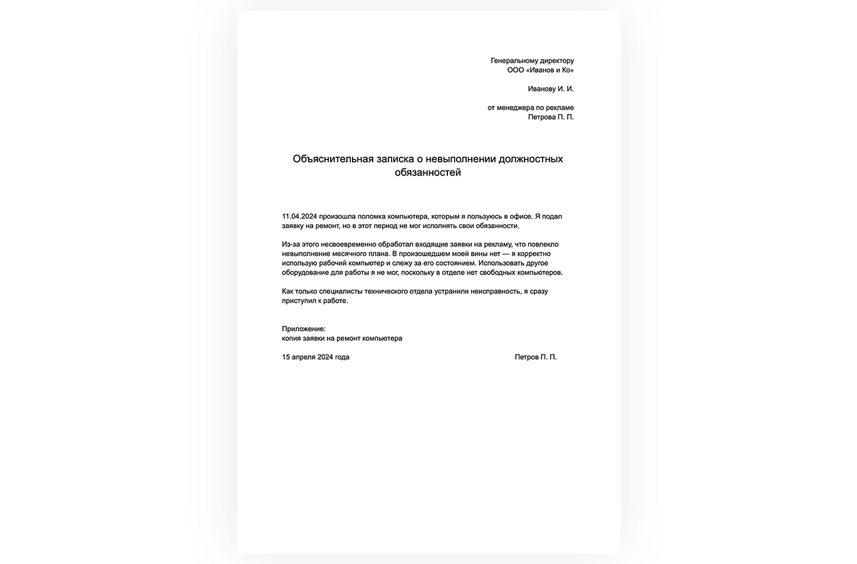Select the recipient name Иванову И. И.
551,89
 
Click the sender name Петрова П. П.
551,117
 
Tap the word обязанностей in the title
428,172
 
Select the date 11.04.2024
300,216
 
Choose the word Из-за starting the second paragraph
291,244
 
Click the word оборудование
305,273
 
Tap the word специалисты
340,291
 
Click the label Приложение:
304,329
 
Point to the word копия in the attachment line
292,338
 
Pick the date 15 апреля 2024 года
316,357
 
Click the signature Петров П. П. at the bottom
535,357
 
